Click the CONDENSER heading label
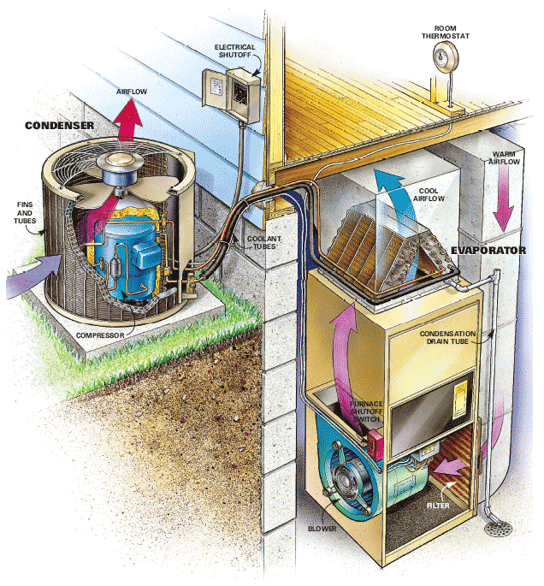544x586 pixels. coord(59,126)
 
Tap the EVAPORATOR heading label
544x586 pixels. coord(488,251)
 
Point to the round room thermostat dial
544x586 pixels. coord(445,56)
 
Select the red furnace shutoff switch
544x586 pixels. coord(375,445)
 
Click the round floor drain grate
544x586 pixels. coord(499,528)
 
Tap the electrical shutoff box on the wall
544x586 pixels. coord(231,94)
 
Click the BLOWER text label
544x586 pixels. coord(322,529)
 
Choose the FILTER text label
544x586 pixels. coord(438,506)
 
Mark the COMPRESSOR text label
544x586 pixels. coord(100,335)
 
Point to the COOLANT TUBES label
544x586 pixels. coord(264,243)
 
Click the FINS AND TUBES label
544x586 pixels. coord(25,213)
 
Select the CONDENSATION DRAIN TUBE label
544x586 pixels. coord(447,337)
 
